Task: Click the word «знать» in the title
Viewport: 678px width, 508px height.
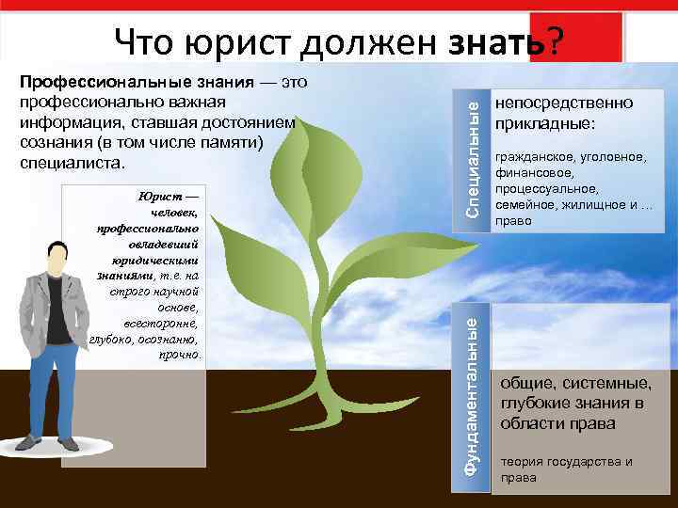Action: click(x=496, y=41)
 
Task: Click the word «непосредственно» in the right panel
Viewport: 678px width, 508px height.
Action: click(x=564, y=103)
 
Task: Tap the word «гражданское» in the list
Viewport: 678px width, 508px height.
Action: click(x=537, y=156)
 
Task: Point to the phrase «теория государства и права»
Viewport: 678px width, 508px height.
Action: click(x=565, y=468)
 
